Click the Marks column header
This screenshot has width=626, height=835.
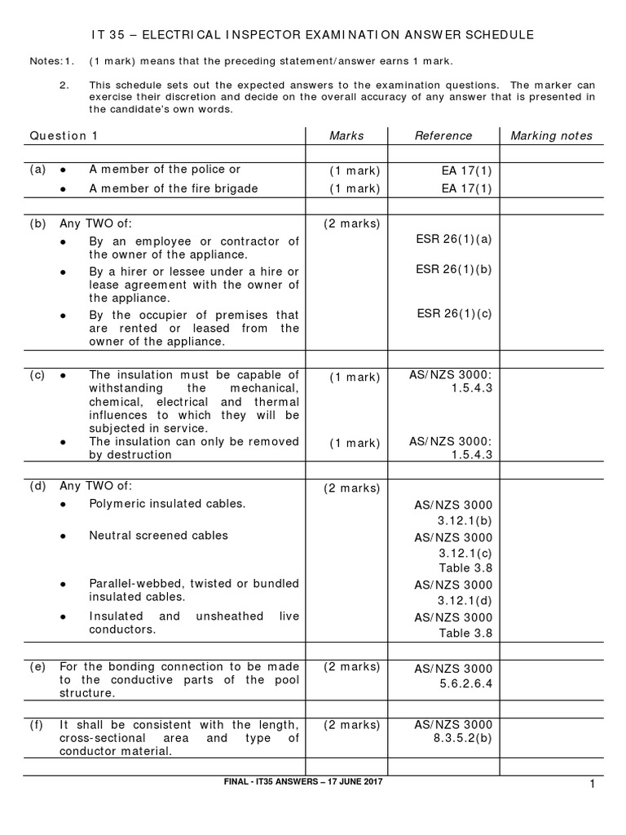click(346, 135)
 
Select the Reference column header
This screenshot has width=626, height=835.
click(443, 135)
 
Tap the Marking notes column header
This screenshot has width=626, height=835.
click(552, 135)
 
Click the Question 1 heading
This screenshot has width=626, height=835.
click(64, 135)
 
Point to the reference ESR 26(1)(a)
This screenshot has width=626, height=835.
click(454, 240)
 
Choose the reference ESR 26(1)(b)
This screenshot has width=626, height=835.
click(454, 269)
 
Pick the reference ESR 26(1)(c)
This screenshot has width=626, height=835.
click(454, 313)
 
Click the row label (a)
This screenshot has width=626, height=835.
click(37, 170)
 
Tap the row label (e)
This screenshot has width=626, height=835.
click(37, 665)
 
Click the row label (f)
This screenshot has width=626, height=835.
click(37, 724)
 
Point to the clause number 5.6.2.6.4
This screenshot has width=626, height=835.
click(465, 684)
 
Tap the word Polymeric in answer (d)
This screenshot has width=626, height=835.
click(115, 503)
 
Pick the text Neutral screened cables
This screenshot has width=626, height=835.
click(158, 536)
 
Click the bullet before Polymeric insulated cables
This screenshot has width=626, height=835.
click(64, 504)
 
